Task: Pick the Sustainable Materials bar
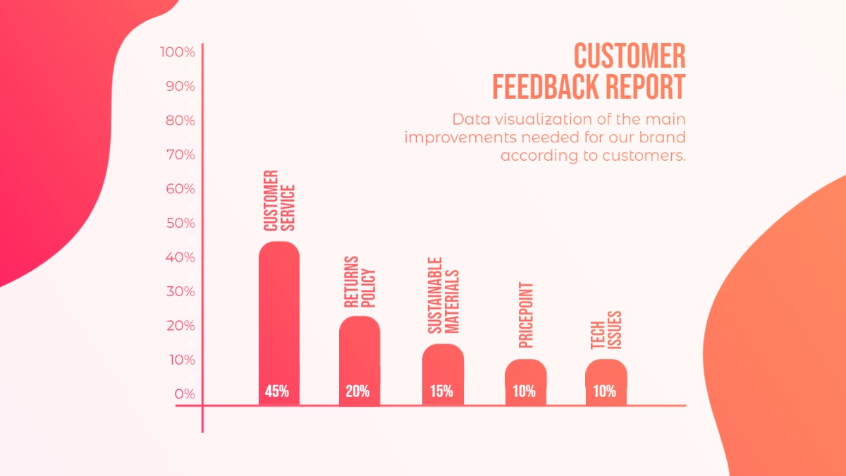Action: coord(443,363)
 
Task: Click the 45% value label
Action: coord(277,391)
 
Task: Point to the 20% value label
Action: coord(357,391)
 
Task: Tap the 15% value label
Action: coord(441,391)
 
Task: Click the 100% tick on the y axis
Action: coord(178,52)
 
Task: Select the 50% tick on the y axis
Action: coord(179,224)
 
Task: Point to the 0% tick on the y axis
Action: coord(185,394)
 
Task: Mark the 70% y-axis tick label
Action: coord(179,155)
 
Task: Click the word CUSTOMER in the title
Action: coord(629,56)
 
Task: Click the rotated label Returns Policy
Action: coord(360,282)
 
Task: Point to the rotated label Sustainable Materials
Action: coord(443,295)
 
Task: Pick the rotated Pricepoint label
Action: coord(526,315)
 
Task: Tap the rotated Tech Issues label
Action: coord(606,330)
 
